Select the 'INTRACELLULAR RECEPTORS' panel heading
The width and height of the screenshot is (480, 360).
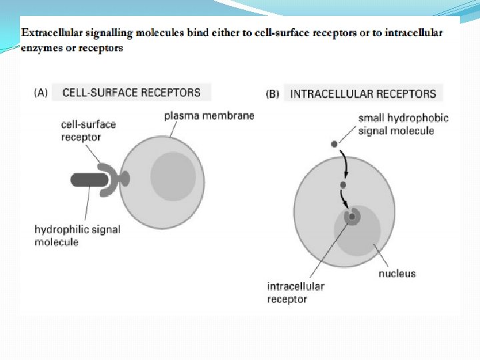(x=363, y=94)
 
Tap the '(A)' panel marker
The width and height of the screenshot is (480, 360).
(x=41, y=93)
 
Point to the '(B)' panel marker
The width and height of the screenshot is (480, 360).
(x=273, y=94)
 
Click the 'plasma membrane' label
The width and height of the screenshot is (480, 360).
(x=209, y=116)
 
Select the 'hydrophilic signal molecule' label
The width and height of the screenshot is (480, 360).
(x=77, y=235)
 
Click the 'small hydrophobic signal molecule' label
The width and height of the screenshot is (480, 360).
(x=403, y=124)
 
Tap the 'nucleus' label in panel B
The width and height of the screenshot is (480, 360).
(x=397, y=273)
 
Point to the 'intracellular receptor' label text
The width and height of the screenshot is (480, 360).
(x=295, y=292)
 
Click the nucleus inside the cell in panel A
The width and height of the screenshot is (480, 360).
(x=173, y=176)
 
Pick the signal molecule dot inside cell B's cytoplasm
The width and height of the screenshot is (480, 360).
(x=343, y=185)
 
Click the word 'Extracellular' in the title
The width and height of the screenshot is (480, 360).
(x=51, y=32)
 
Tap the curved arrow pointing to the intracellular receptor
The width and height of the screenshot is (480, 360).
(x=345, y=199)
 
